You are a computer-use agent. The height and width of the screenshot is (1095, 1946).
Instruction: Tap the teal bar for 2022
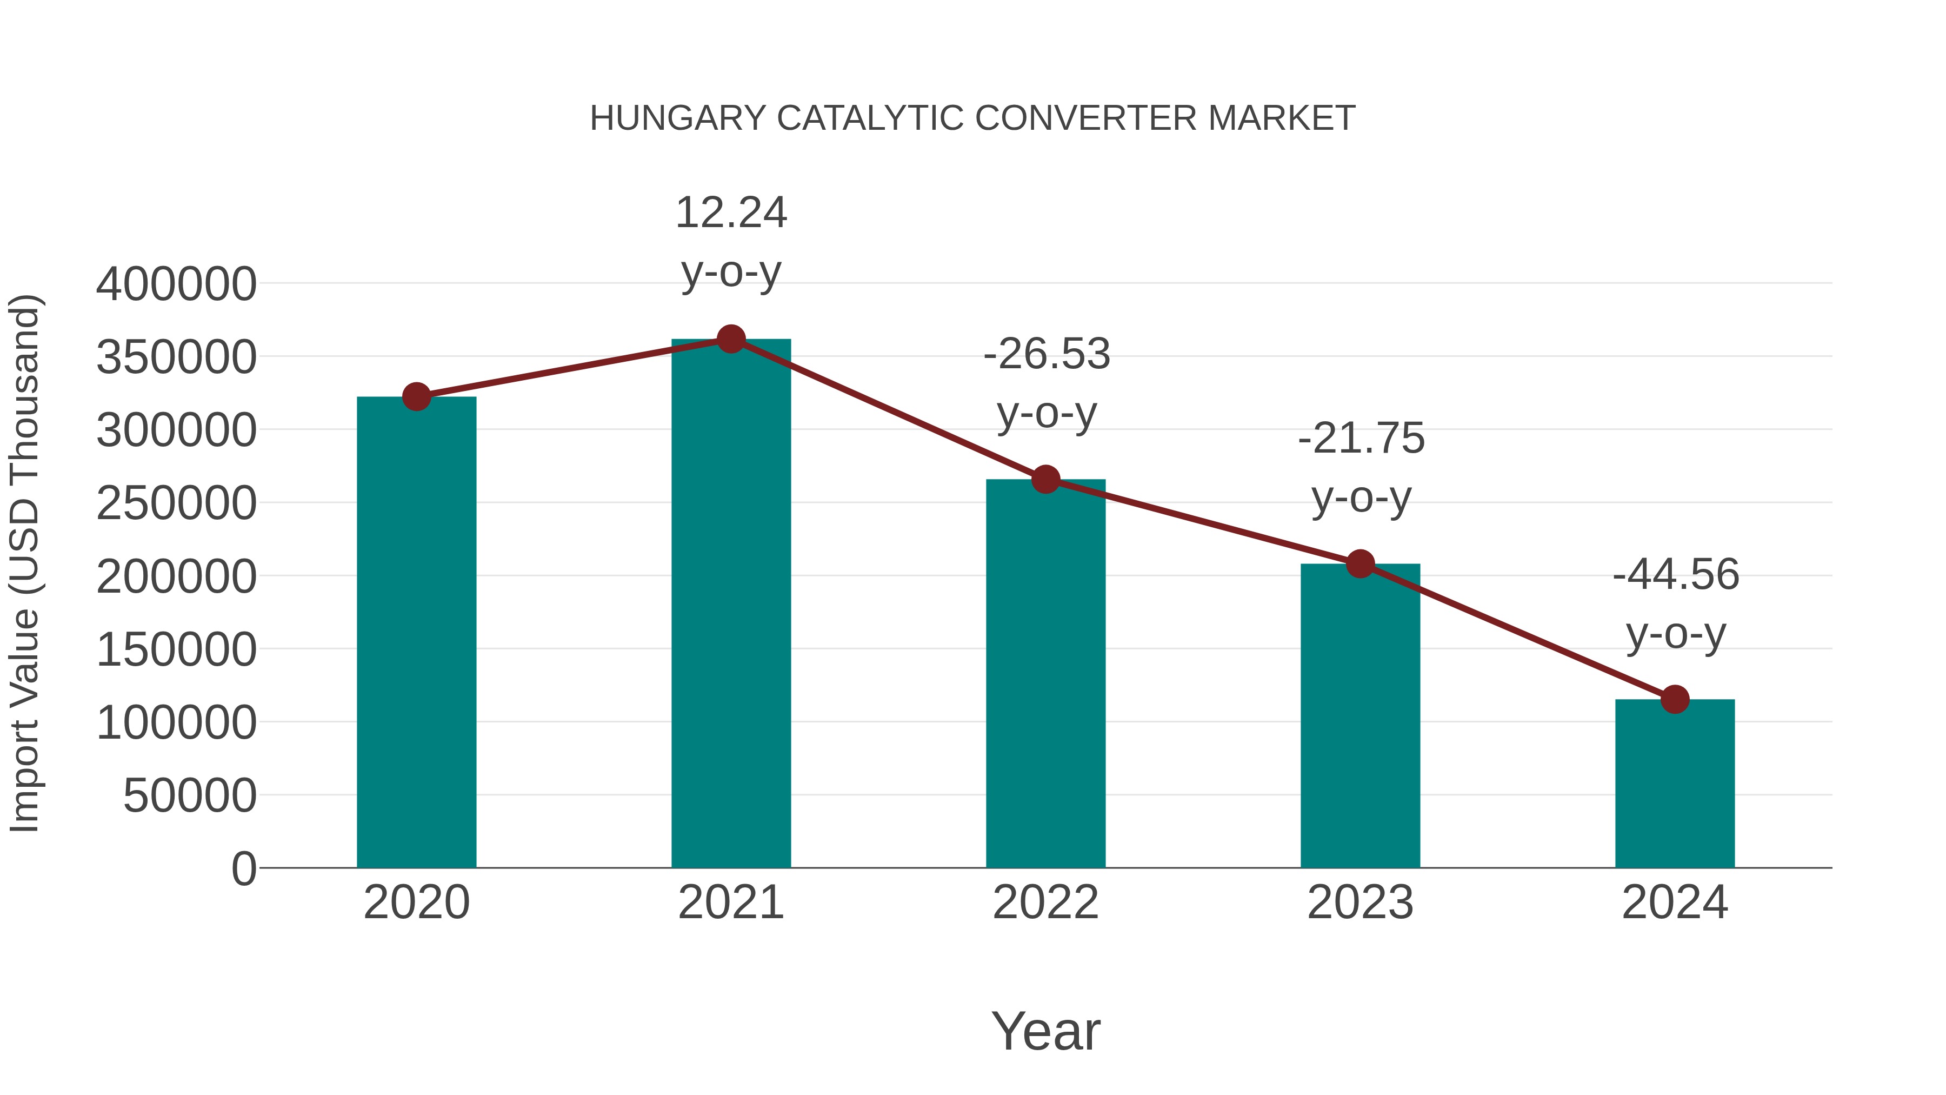[1045, 673]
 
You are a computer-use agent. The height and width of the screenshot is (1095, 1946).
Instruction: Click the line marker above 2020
[416, 396]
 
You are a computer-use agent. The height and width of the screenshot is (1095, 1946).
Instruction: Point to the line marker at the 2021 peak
[730, 339]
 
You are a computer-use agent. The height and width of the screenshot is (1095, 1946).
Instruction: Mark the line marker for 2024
[1675, 700]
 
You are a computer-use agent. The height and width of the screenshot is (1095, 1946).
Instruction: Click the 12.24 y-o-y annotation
[730, 242]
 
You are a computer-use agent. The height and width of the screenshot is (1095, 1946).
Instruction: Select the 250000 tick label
[176, 503]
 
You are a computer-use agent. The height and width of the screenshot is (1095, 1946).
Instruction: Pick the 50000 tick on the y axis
[190, 796]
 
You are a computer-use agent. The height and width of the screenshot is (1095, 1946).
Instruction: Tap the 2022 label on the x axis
[1045, 902]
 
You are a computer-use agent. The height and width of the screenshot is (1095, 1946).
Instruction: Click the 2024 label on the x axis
[1675, 902]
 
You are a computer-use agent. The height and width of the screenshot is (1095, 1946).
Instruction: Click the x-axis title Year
[1045, 1031]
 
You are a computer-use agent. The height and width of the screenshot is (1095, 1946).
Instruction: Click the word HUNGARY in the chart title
[678, 118]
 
